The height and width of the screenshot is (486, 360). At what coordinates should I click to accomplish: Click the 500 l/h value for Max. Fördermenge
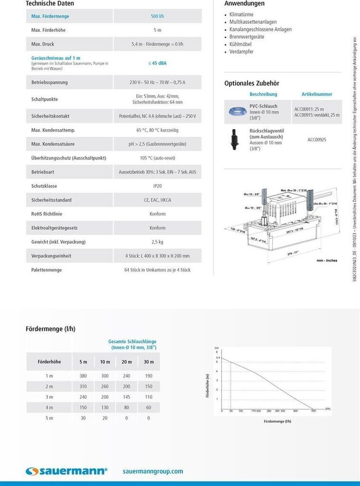(157, 16)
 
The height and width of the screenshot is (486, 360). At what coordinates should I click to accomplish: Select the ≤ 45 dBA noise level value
(157, 63)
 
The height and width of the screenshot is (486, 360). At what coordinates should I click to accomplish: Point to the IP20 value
(157, 186)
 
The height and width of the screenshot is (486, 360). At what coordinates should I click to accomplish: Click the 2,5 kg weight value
(157, 242)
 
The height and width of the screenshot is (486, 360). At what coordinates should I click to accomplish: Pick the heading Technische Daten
(50, 4)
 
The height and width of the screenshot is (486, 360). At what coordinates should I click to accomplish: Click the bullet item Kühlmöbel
(241, 44)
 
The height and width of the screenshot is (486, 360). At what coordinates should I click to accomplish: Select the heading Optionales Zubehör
(252, 84)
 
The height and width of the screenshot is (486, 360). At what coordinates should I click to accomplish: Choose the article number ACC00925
(317, 140)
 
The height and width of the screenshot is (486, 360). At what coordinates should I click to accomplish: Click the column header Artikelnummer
(317, 94)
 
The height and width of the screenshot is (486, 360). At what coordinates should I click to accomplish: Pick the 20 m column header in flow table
(127, 362)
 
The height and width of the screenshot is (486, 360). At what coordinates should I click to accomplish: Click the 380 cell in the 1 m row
(83, 376)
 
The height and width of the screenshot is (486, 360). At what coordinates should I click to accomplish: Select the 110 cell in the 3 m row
(148, 397)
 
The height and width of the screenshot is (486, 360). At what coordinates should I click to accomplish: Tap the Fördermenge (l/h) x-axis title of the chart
(277, 421)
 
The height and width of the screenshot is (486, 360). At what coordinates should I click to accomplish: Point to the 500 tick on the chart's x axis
(313, 411)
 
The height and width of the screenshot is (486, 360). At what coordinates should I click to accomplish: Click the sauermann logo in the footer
(66, 471)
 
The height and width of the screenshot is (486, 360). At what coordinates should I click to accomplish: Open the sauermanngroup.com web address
(153, 471)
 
